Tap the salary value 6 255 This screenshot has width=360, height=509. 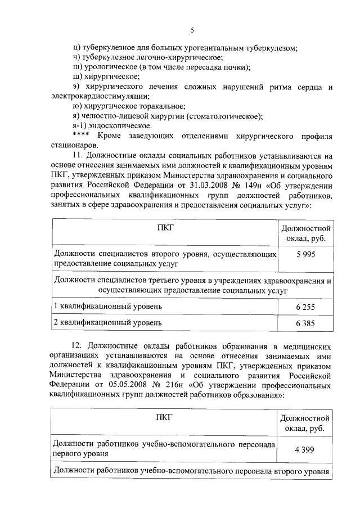[x=305, y=307]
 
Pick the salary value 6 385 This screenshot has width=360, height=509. [x=305, y=323]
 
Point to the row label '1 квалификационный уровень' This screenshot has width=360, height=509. [x=107, y=306]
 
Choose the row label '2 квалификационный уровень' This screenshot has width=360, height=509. [x=107, y=323]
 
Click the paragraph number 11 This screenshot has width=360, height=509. [x=78, y=156]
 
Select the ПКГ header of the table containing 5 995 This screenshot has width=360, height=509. [x=165, y=227]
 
